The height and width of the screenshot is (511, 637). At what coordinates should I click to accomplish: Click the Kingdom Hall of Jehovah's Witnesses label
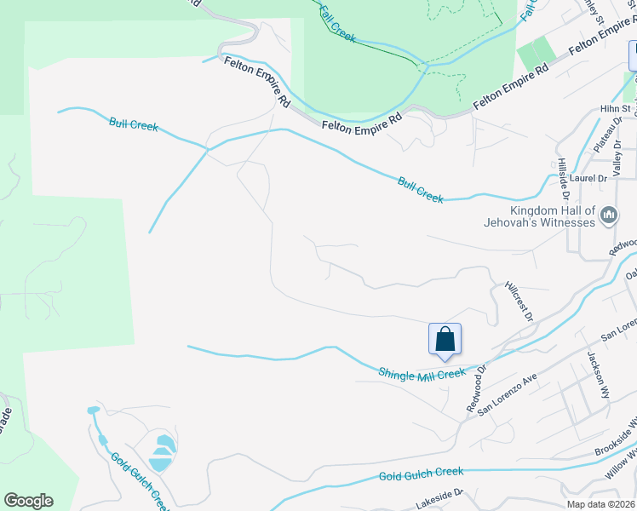click(x=551, y=217)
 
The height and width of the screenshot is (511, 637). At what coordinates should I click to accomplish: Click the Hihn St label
click(x=614, y=109)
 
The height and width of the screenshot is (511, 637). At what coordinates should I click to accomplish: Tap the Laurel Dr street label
click(x=588, y=179)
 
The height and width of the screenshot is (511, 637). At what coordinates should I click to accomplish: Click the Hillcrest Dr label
click(x=519, y=301)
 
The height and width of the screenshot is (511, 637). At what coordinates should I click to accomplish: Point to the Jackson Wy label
click(x=599, y=375)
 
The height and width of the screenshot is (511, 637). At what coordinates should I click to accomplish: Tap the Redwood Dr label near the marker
click(x=475, y=389)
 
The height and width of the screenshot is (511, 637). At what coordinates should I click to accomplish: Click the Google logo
click(x=28, y=501)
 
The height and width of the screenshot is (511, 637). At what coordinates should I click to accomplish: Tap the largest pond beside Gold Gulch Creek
click(x=163, y=445)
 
